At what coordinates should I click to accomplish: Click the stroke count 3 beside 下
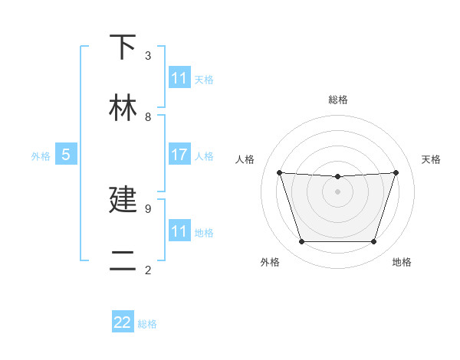coord(148,55)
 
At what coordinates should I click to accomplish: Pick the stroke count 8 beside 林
coord(148,116)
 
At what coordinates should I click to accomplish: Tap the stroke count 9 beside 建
coord(148,208)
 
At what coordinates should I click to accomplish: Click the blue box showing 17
coord(179,154)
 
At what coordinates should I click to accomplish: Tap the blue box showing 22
coord(123,322)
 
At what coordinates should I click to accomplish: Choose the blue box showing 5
coord(66,155)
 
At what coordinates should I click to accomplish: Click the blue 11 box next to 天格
coord(179,78)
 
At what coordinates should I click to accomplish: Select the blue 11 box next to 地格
coord(179,231)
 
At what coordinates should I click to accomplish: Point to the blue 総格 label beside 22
coord(147,324)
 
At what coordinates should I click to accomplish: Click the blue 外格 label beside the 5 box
coord(41,156)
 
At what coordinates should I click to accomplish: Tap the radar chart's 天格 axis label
coord(432,159)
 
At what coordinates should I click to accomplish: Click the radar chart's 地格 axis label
coord(402,262)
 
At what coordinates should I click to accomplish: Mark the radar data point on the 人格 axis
coord(280,173)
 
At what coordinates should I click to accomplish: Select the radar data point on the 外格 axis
coord(301,242)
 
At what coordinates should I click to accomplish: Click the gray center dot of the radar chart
coord(337,191)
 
